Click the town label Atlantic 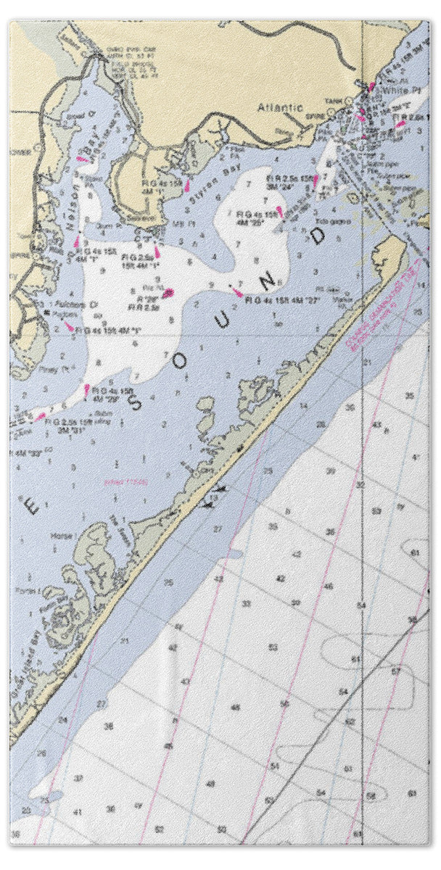click(x=280, y=107)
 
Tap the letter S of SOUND click(x=136, y=403)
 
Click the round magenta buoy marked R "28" click(x=168, y=293)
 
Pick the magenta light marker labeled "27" click(x=238, y=292)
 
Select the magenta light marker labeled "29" click(x=86, y=390)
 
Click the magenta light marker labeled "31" click(x=40, y=417)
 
